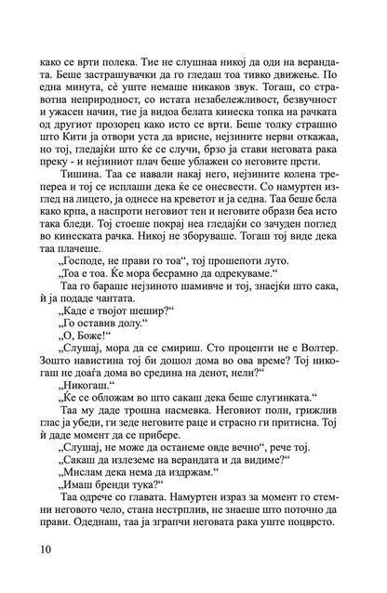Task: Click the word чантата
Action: tap(122, 292)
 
